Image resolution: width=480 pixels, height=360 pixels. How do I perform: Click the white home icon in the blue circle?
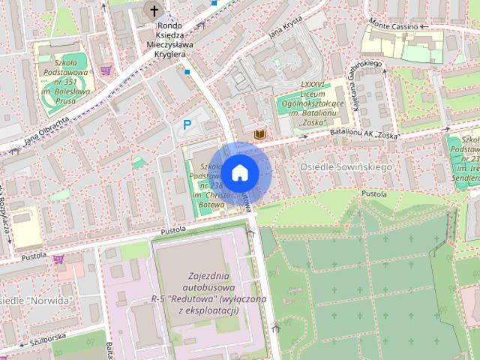(x=239, y=172)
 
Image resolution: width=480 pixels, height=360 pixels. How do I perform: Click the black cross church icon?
(x=154, y=10)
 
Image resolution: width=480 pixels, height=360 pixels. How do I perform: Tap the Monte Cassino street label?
(x=394, y=25)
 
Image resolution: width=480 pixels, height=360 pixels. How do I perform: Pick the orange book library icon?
(x=260, y=134)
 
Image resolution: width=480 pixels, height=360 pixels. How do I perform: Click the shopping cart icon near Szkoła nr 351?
(x=106, y=70)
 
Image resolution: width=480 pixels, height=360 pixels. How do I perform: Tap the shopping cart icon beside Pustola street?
(x=58, y=259)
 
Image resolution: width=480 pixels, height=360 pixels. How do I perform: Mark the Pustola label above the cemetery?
(x=373, y=193)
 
